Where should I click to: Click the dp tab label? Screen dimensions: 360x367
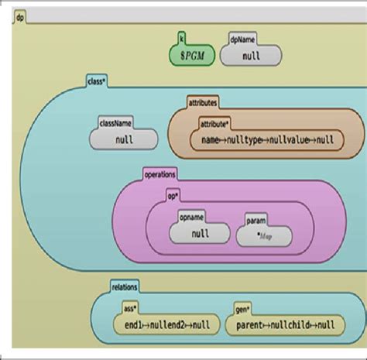21,16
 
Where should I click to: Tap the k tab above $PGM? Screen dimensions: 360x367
182,36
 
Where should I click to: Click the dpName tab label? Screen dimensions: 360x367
241,36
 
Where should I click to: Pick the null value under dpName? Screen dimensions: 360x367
251,56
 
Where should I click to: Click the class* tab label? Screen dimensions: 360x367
98,79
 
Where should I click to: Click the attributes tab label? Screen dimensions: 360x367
203,101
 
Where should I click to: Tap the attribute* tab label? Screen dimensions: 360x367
215,122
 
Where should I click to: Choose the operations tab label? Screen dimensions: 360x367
159,174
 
